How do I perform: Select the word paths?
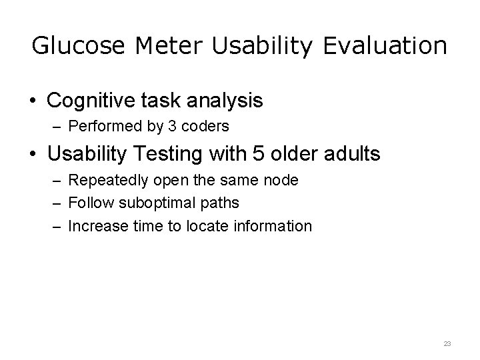[220, 203]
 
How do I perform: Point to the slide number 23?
[447, 343]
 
